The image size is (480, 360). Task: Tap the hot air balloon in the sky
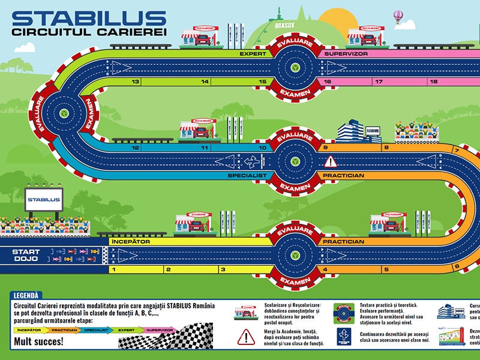[x=397, y=16]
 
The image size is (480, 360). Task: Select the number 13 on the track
[x=136, y=82]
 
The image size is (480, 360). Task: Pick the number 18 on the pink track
[x=433, y=82]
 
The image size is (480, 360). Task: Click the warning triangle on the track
[x=331, y=161]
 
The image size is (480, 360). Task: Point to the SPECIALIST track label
[x=247, y=176]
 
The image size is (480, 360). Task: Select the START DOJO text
[x=26, y=256]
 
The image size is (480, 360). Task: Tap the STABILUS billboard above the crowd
[x=44, y=200]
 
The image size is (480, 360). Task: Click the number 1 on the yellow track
[x=113, y=269]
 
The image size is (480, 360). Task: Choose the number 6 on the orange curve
[x=457, y=266]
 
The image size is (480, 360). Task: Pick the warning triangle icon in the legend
[x=246, y=337]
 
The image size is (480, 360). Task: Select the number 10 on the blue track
[x=262, y=148]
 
